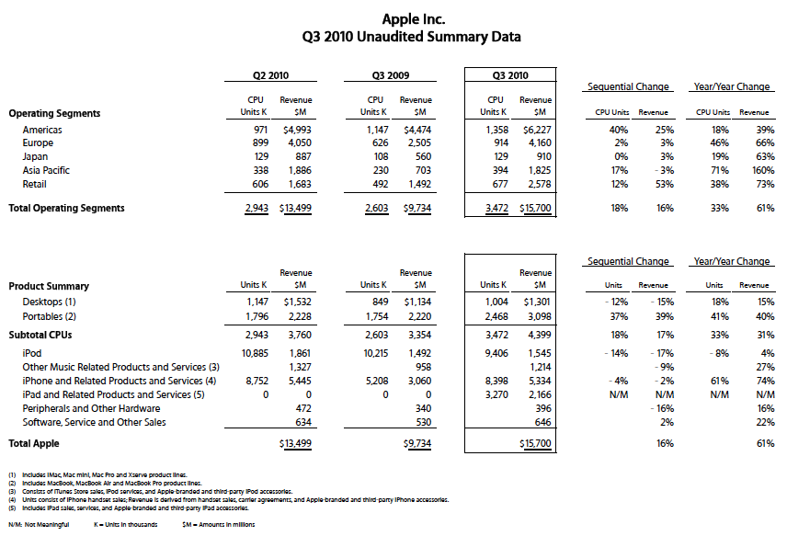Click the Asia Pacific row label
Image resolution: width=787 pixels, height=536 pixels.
pyautogui.click(x=46, y=170)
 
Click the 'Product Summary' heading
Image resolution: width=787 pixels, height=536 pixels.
pyautogui.click(x=49, y=286)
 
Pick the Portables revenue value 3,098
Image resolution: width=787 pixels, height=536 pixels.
pyautogui.click(x=538, y=316)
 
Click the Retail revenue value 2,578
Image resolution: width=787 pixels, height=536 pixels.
pyautogui.click(x=538, y=184)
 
